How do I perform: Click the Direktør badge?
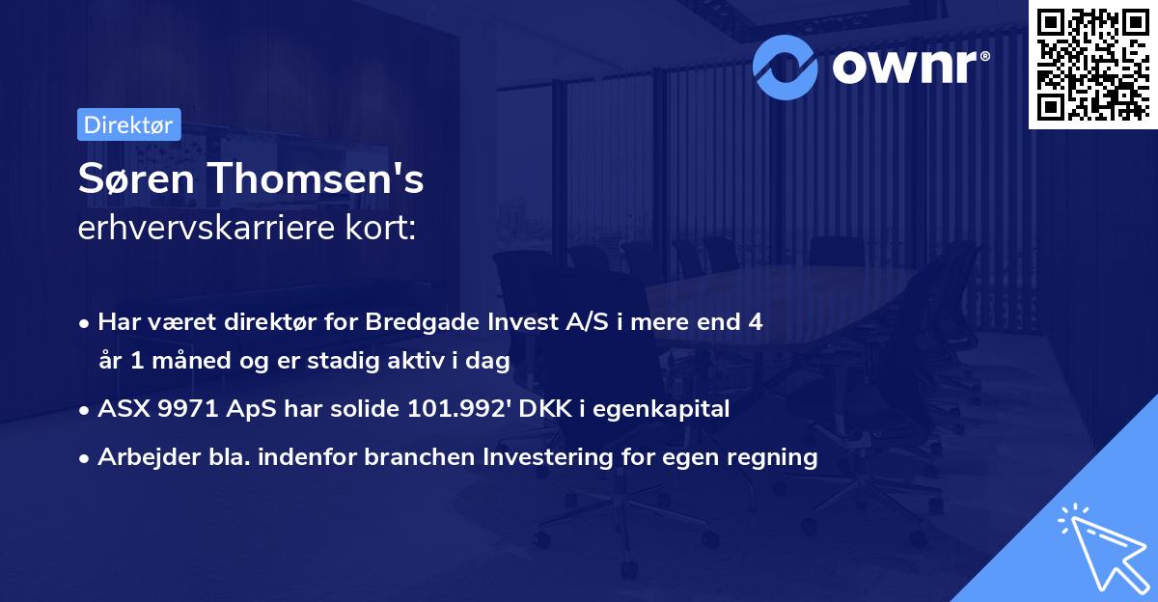click(129, 124)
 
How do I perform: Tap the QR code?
click(1093, 64)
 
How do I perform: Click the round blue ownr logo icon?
click(785, 68)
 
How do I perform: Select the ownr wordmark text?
click(911, 67)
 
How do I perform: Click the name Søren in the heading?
click(136, 178)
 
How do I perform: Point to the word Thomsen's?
click(317, 178)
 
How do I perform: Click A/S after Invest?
click(587, 322)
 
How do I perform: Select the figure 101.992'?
click(459, 409)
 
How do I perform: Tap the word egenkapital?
click(661, 410)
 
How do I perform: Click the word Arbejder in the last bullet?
click(149, 457)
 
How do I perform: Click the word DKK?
click(545, 409)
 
